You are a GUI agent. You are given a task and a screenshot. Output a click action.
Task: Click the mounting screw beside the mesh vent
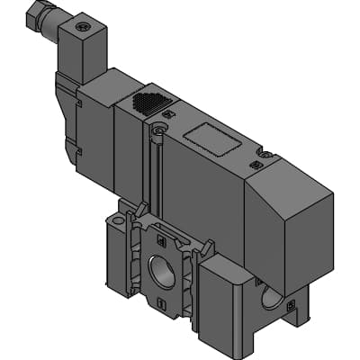(x=159, y=130)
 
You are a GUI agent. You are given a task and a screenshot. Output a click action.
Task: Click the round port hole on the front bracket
(x=162, y=269)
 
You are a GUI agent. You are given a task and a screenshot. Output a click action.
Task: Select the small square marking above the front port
(x=160, y=240)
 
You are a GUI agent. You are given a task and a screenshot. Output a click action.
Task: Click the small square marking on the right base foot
(x=289, y=306)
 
